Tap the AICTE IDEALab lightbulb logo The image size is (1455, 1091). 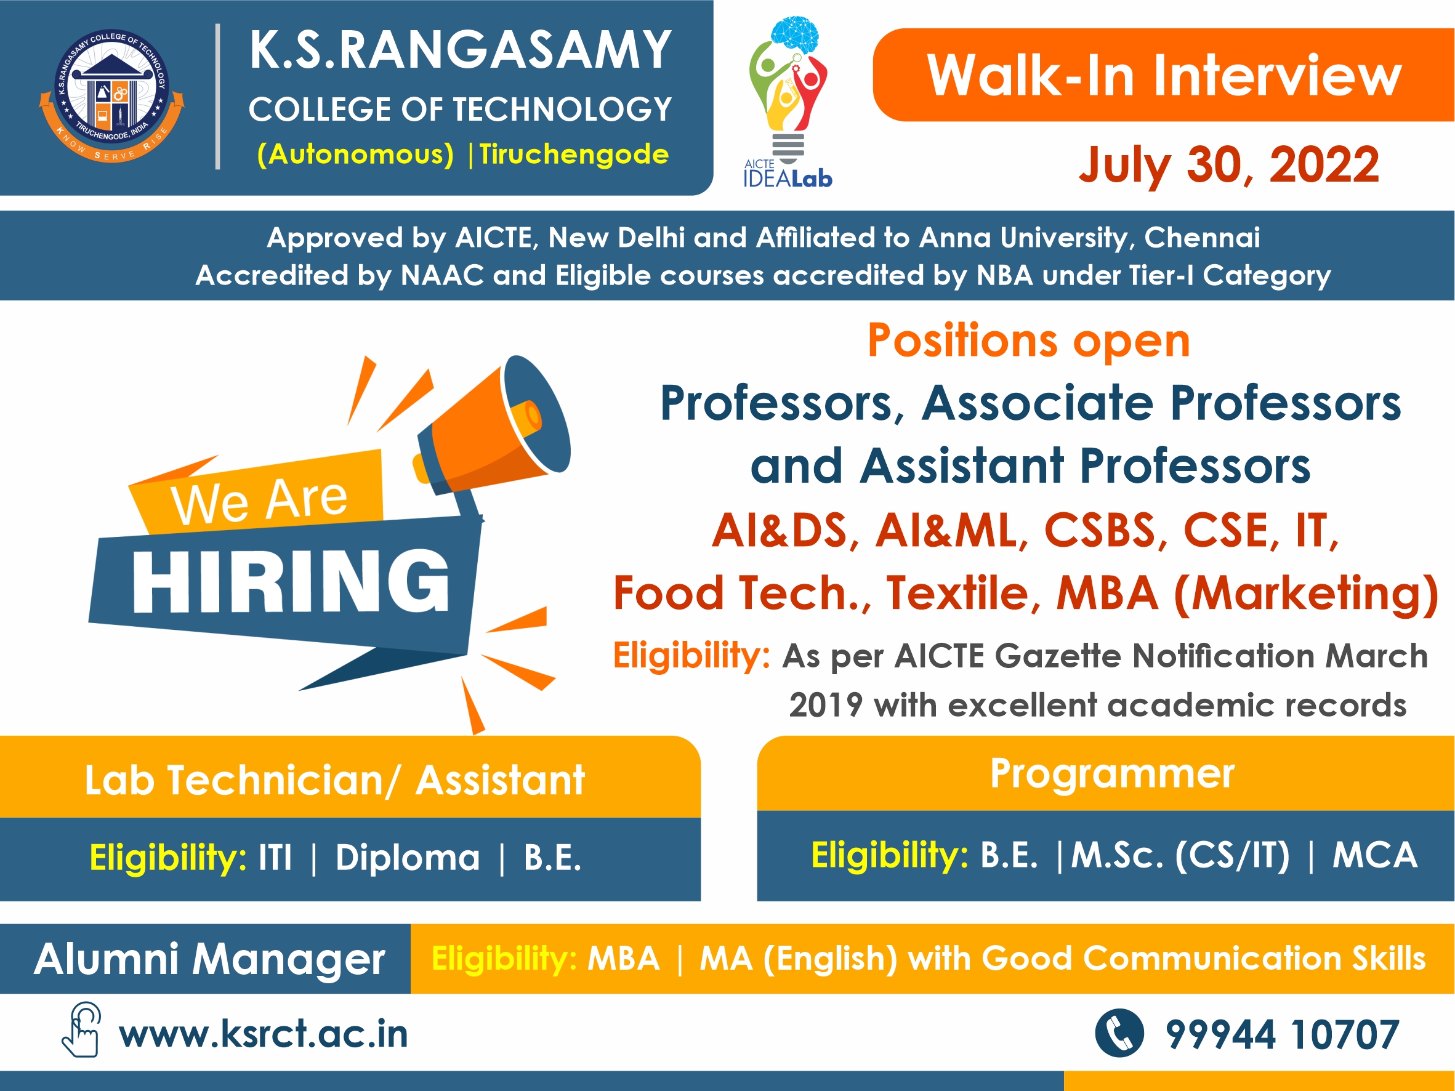pyautogui.click(x=788, y=102)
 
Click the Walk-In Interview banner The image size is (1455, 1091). pyautogui.click(x=1164, y=74)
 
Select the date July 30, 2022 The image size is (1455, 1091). pyautogui.click(x=1229, y=165)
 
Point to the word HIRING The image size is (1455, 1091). pyautogui.click(x=291, y=581)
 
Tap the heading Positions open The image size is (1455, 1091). pyautogui.click(x=1029, y=340)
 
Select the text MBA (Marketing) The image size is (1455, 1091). pyautogui.click(x=1247, y=593)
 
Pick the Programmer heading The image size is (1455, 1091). pyautogui.click(x=1112, y=773)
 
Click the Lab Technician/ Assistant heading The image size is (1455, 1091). pyautogui.click(x=335, y=781)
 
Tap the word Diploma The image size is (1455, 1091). pyautogui.click(x=407, y=858)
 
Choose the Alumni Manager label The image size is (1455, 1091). pyautogui.click(x=209, y=959)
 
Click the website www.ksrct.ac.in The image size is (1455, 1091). pyautogui.click(x=263, y=1034)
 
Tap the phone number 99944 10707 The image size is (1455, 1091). pyautogui.click(x=1281, y=1035)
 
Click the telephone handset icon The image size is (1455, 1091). pyautogui.click(x=1119, y=1033)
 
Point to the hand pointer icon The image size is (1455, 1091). pyautogui.click(x=81, y=1030)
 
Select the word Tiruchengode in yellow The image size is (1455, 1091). pyautogui.click(x=574, y=155)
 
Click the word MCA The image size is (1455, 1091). pyautogui.click(x=1375, y=855)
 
